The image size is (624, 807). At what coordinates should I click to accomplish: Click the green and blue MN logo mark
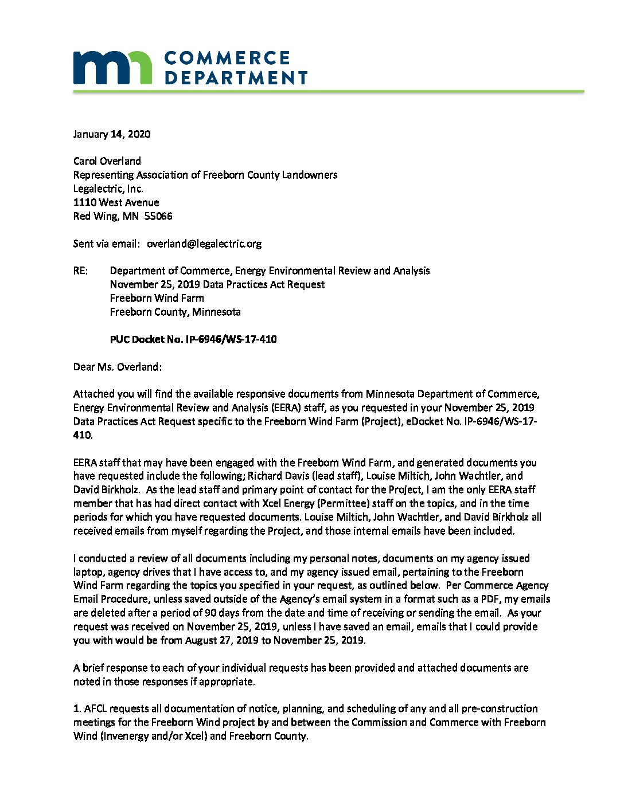[x=112, y=68]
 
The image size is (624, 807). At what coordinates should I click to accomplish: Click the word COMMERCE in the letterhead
[x=227, y=58]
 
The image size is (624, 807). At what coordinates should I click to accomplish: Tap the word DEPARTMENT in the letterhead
[x=236, y=77]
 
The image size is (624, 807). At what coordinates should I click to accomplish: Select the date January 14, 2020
[x=112, y=134]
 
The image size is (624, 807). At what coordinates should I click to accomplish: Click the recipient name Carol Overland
[x=107, y=161]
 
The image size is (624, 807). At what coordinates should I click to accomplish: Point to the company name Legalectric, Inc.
[x=108, y=189]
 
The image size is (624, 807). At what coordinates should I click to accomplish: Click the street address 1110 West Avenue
[x=116, y=202]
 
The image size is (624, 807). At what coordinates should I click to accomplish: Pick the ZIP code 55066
[x=158, y=216]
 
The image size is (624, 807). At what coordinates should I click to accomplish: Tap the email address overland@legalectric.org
[x=204, y=244]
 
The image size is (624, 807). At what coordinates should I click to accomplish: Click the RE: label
[x=81, y=271]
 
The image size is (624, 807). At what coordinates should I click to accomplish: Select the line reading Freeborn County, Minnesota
[x=175, y=312]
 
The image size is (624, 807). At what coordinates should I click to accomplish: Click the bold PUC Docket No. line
[x=193, y=339]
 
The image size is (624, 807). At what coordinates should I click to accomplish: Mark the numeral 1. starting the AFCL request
[x=77, y=708]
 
